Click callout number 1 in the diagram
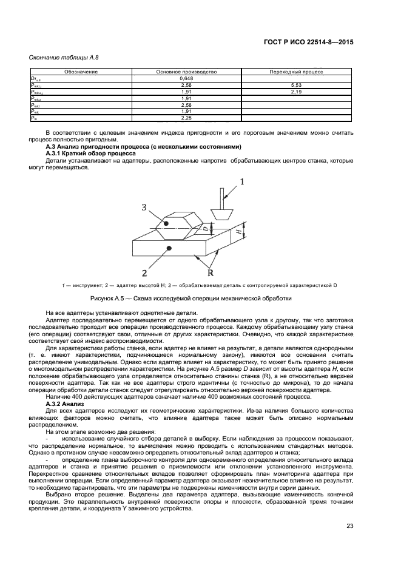point(241,181)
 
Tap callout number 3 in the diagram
point(144,208)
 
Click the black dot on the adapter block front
point(169,249)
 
